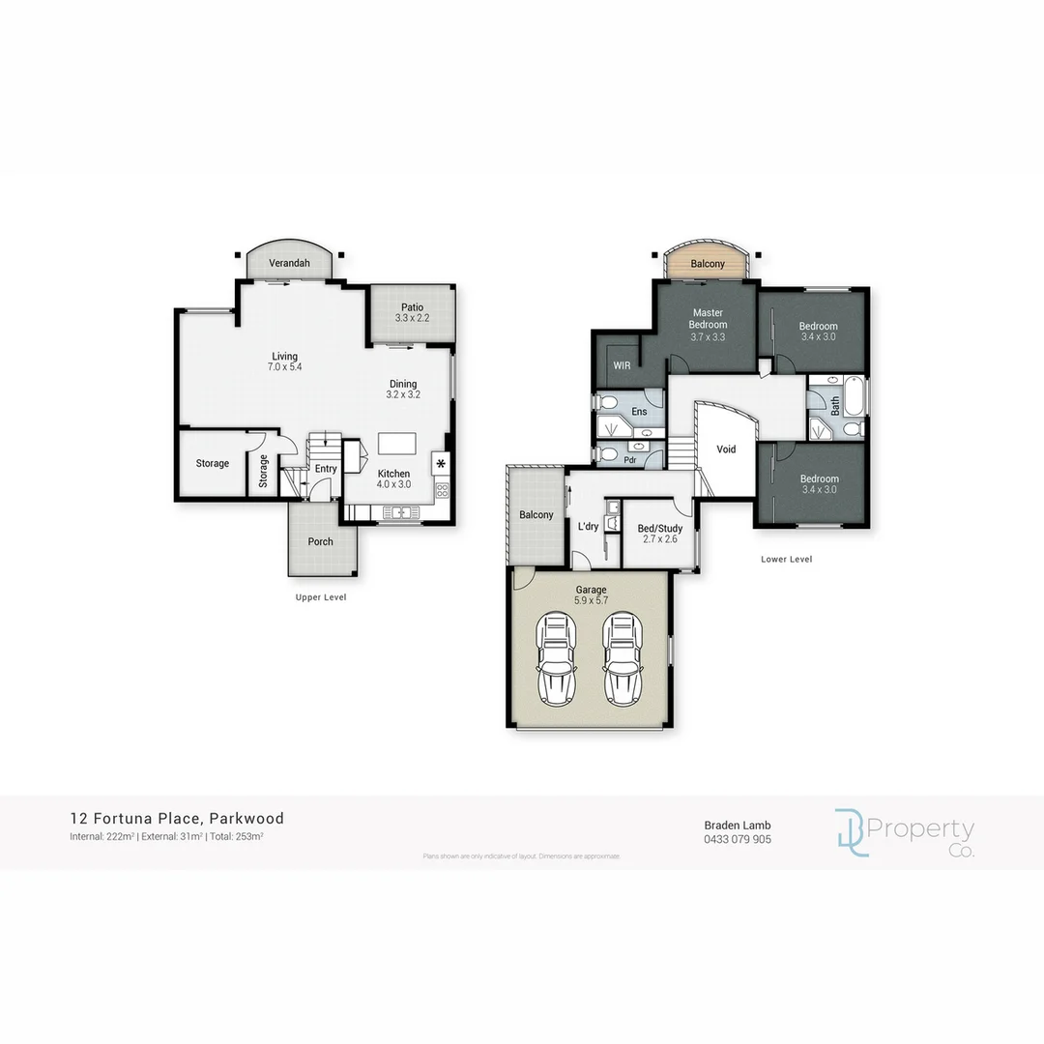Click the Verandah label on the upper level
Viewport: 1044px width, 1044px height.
pyautogui.click(x=288, y=263)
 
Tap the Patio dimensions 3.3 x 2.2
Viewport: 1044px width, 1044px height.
pyautogui.click(x=413, y=319)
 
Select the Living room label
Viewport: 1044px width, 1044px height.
pyautogui.click(x=285, y=356)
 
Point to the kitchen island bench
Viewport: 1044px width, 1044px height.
pyautogui.click(x=395, y=443)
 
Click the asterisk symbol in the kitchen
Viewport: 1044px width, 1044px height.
pyautogui.click(x=442, y=464)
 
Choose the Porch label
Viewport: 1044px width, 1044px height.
pyautogui.click(x=320, y=541)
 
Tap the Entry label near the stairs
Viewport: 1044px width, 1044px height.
pyautogui.click(x=326, y=469)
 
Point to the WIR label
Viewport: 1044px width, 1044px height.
pyautogui.click(x=622, y=365)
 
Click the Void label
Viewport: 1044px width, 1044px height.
pyautogui.click(x=726, y=449)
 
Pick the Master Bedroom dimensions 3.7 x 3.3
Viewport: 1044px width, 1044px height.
pyautogui.click(x=708, y=337)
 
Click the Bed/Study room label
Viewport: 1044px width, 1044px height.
pyautogui.click(x=660, y=529)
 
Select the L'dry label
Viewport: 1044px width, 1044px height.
pyautogui.click(x=588, y=526)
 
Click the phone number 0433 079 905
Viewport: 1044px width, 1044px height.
pyautogui.click(x=737, y=839)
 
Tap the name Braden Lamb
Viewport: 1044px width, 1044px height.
pyautogui.click(x=737, y=825)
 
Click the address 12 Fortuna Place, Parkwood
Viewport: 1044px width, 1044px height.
pyautogui.click(x=177, y=819)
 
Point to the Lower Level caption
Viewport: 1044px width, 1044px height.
pyautogui.click(x=786, y=559)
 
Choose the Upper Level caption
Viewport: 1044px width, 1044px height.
pyautogui.click(x=320, y=597)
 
